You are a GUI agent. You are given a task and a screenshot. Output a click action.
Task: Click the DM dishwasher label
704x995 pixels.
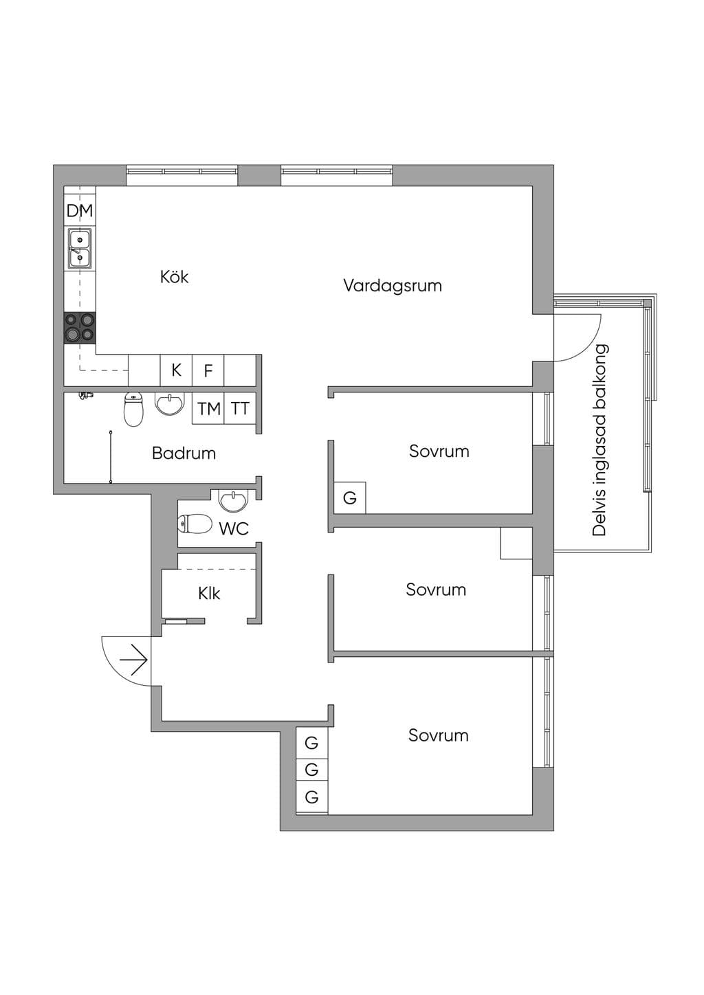80,210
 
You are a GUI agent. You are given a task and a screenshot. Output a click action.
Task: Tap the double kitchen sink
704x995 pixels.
80,249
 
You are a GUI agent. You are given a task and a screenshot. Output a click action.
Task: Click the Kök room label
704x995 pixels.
174,277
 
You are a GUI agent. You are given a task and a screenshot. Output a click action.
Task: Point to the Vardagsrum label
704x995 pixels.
393,286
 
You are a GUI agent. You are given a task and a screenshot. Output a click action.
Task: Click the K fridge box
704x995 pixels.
176,370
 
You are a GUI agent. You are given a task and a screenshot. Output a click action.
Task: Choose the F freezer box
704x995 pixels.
208,370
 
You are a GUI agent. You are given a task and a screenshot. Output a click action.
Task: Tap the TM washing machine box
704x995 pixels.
208,408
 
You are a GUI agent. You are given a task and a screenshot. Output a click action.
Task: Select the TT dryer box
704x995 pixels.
241,408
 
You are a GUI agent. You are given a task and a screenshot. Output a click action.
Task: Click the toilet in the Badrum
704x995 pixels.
133,409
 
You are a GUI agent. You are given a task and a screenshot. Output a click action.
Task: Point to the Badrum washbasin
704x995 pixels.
169,404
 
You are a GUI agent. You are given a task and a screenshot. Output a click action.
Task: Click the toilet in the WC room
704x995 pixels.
195,524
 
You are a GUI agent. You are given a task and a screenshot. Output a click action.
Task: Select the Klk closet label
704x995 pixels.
209,594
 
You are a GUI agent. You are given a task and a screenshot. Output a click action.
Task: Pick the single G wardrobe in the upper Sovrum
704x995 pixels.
350,498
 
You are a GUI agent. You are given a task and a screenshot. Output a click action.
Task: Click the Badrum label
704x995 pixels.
184,454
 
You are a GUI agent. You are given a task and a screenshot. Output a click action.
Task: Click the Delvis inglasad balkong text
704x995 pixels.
599,440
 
